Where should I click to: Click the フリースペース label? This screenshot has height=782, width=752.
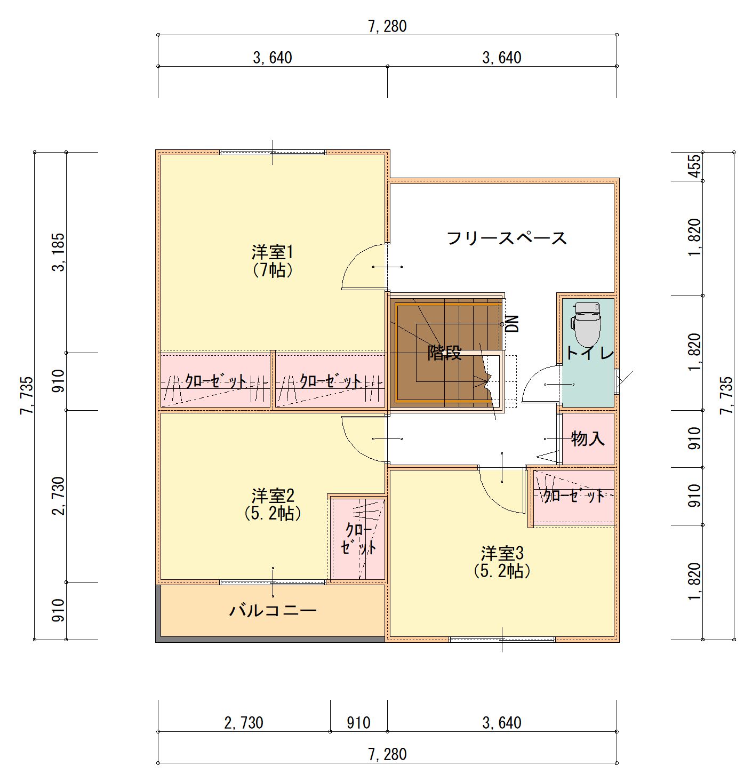[507, 238]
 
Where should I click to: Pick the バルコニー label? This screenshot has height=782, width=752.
[273, 611]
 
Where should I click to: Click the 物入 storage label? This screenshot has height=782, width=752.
[588, 438]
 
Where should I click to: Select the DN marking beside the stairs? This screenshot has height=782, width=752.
[513, 323]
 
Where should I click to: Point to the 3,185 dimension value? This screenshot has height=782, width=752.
[59, 252]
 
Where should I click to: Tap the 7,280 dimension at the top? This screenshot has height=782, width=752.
[387, 27]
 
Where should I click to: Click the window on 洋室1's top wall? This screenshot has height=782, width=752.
[273, 153]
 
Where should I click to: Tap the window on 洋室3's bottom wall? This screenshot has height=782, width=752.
[502, 640]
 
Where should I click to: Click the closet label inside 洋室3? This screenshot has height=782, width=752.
[574, 496]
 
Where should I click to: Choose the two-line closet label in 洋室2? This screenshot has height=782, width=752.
[358, 539]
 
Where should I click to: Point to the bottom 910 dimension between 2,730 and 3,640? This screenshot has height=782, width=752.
[358, 723]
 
